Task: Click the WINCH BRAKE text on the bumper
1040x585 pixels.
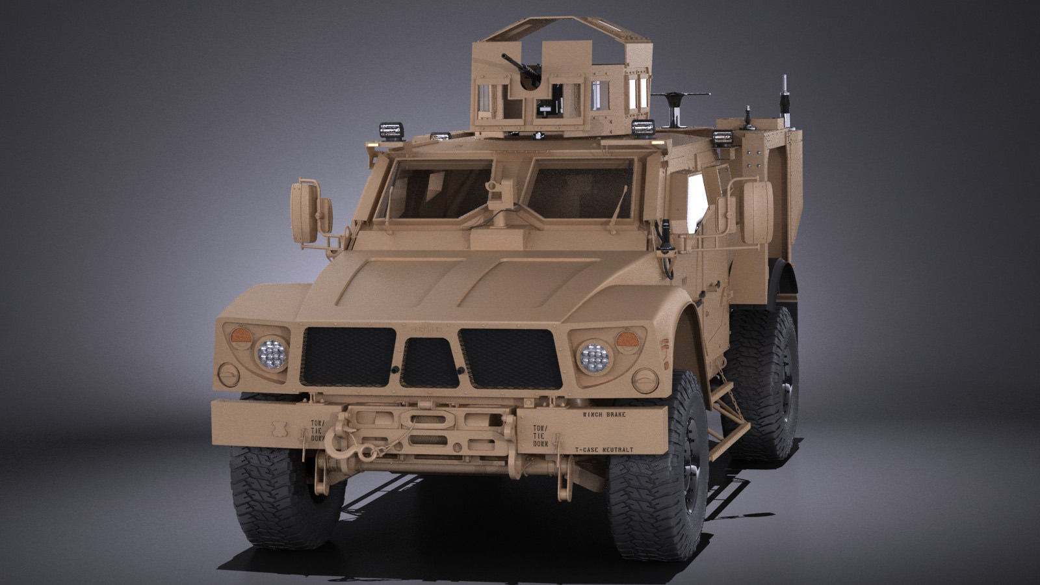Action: pyautogui.click(x=604, y=414)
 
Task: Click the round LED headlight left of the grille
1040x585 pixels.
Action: pyautogui.click(x=271, y=354)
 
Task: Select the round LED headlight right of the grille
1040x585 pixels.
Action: pyautogui.click(x=595, y=357)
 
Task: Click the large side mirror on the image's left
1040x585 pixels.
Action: pyautogui.click(x=305, y=212)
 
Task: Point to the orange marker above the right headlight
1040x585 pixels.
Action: pyautogui.click(x=627, y=339)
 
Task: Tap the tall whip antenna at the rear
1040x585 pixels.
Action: pyautogui.click(x=786, y=97)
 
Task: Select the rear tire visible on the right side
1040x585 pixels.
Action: pyautogui.click(x=764, y=383)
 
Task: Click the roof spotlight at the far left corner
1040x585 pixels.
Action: pyautogui.click(x=392, y=131)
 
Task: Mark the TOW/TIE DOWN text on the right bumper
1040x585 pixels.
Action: pyautogui.click(x=541, y=435)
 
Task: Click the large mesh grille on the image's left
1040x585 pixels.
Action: pyautogui.click(x=348, y=356)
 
